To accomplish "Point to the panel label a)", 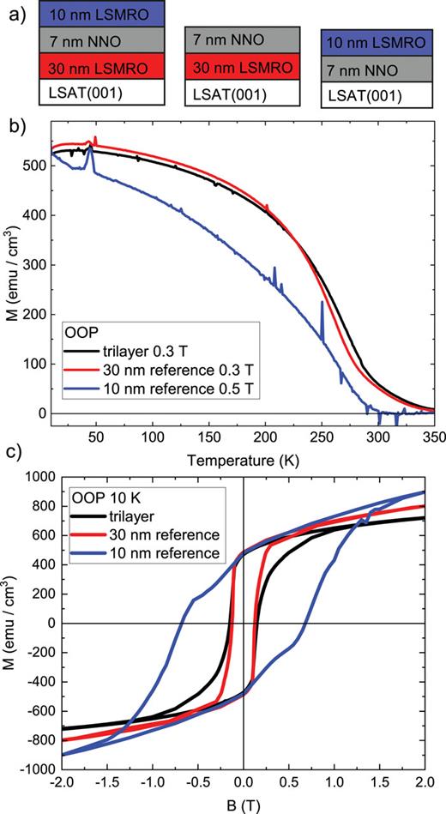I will click(x=15, y=15).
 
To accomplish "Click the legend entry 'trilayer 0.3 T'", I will click(x=146, y=353).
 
